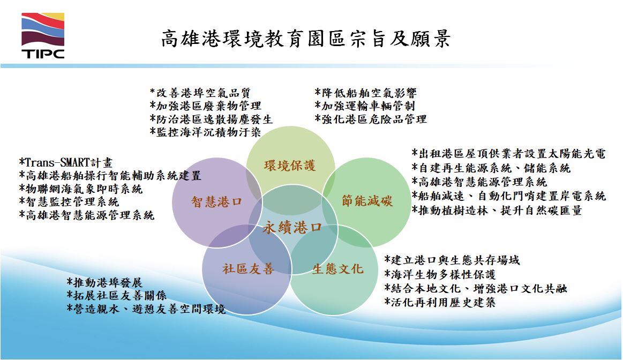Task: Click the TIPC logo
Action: click(43, 36)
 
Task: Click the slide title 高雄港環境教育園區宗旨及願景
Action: click(306, 39)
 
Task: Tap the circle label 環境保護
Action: click(290, 166)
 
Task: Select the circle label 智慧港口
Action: click(216, 201)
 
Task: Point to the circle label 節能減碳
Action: click(367, 201)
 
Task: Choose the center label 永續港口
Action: click(292, 228)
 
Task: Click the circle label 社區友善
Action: click(249, 269)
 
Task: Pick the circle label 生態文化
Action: click(337, 269)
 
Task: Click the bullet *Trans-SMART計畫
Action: click(66, 162)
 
